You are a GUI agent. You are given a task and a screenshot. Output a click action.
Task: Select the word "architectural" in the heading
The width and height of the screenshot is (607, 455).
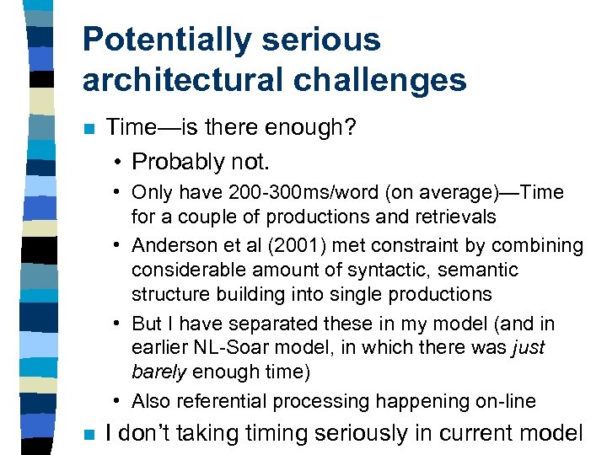click(180, 80)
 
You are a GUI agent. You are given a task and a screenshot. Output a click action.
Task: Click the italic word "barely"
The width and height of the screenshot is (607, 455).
click(159, 372)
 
